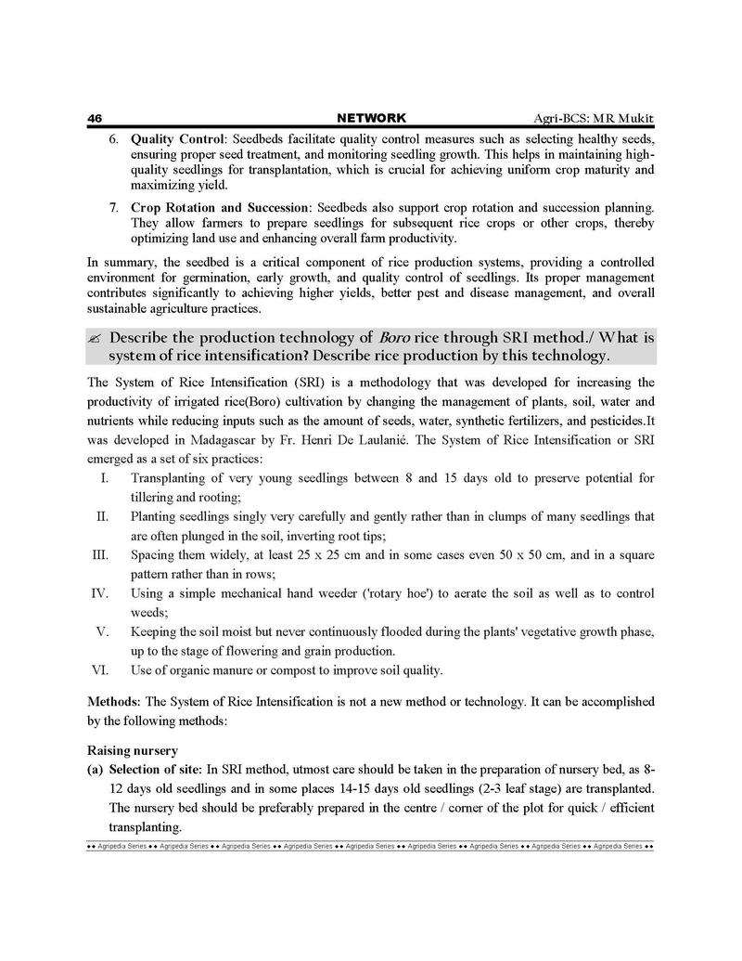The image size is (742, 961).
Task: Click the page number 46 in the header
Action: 94,118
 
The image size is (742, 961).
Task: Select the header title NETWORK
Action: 371,118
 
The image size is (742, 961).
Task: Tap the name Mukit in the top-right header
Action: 635,118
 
